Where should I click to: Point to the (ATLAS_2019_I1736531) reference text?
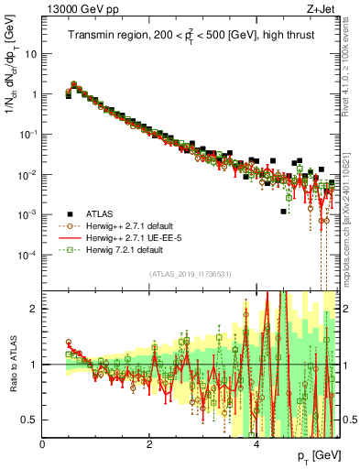click(190, 275)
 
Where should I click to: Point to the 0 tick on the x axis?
click(43, 444)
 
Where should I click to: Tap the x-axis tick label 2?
click(149, 444)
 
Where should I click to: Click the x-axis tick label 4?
click(256, 444)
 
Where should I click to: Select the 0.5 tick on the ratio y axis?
click(30, 420)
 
